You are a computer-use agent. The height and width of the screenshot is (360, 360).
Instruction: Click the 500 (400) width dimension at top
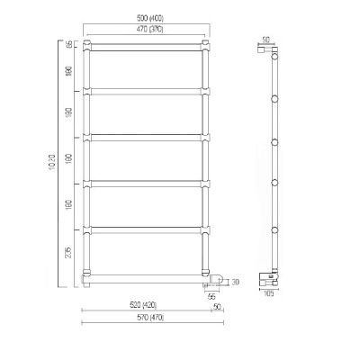point(145,18)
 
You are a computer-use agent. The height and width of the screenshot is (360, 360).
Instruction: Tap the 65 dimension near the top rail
point(69,45)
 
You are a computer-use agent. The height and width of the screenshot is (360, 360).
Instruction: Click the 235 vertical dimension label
point(69,252)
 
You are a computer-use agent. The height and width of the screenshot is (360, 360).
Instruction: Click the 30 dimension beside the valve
point(236,282)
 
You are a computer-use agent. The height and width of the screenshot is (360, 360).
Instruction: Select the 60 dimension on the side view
point(265,39)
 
